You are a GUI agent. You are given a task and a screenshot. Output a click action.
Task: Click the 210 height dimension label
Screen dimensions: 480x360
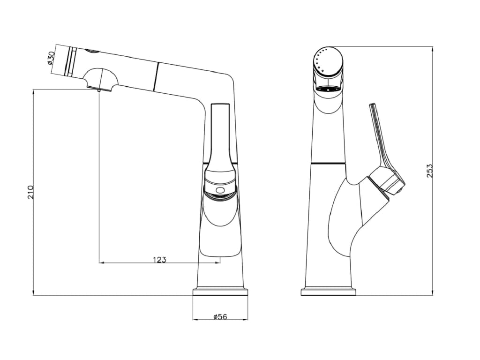click(31, 192)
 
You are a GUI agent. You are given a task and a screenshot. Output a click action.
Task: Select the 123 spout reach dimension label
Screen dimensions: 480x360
click(159, 260)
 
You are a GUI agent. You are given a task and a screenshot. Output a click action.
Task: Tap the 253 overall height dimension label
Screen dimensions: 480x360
click(430, 171)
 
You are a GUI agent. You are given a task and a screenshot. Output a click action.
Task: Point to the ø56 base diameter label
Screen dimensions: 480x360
click(220, 316)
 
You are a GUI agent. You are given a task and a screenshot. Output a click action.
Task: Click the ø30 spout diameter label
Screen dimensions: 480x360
click(51, 58)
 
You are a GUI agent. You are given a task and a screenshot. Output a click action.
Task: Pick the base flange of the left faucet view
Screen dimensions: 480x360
click(220, 292)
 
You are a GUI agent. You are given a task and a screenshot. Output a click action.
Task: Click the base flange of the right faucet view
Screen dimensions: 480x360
click(329, 292)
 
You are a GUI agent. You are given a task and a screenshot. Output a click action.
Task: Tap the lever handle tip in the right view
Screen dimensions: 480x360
click(373, 105)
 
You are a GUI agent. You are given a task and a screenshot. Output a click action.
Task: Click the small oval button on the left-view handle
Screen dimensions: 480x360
click(220, 190)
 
